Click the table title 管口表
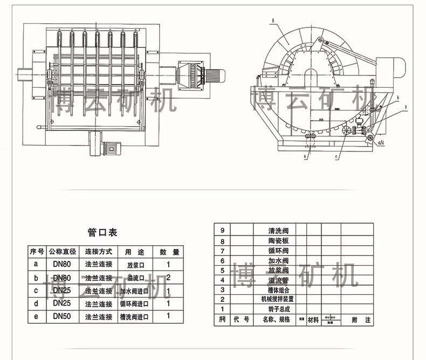[102, 232]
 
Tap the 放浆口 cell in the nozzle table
[136, 265]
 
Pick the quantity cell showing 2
[169, 278]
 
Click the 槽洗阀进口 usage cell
[134, 317]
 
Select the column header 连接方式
[98, 252]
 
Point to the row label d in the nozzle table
[36, 303]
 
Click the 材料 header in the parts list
[313, 320]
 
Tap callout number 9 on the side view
[404, 108]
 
